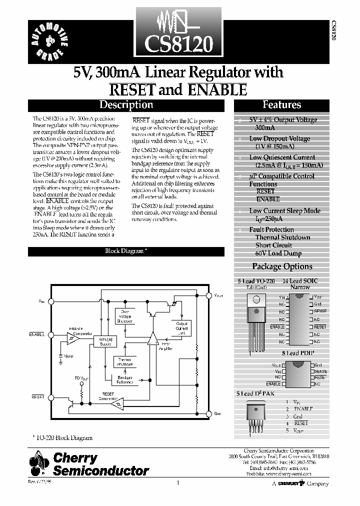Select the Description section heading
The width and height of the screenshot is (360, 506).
(x=126, y=105)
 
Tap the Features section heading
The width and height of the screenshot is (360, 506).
(x=281, y=105)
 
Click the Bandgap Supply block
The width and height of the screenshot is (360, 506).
(x=105, y=340)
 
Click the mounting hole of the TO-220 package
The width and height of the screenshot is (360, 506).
(x=256, y=300)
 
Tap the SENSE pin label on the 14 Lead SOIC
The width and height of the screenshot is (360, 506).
(x=320, y=311)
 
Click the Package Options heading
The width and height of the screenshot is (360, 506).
(x=282, y=266)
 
